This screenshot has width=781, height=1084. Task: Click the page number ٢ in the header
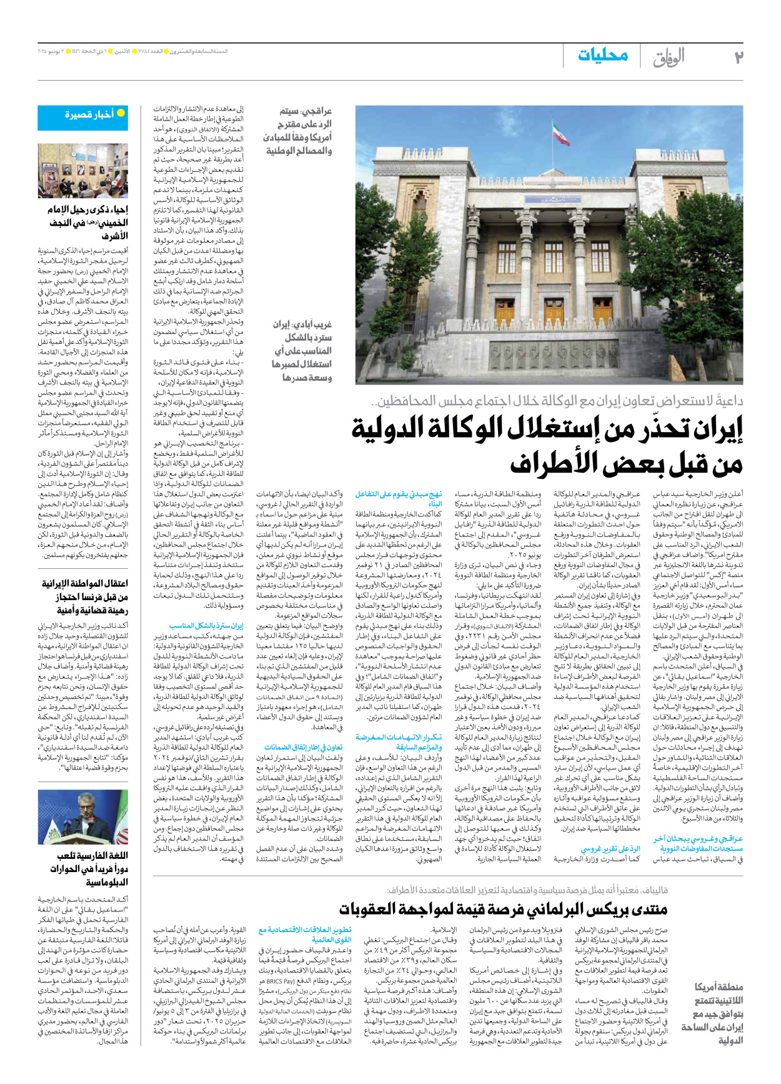point(738,57)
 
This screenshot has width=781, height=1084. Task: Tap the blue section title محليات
point(603,55)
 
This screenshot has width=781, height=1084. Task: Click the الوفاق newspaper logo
point(669,58)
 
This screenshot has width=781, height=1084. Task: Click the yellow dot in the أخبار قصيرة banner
point(121,113)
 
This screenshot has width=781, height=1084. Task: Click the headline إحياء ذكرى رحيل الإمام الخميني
point(87,223)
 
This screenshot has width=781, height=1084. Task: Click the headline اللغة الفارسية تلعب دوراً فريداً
point(92,868)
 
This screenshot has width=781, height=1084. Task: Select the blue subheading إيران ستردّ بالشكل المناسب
point(206,625)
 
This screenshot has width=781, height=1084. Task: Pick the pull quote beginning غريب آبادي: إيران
point(302,351)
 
